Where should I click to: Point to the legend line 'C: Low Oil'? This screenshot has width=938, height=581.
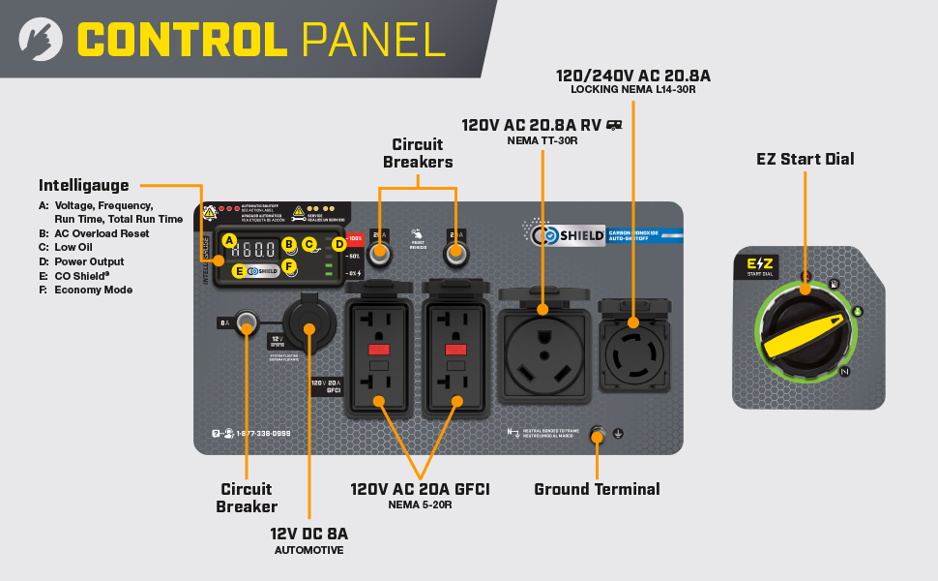point(75,247)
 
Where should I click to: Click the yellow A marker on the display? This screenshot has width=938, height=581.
point(229,240)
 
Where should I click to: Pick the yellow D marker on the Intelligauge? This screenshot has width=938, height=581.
point(339,244)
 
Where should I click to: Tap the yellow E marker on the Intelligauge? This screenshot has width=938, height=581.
point(239,271)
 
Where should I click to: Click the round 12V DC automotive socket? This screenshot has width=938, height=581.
point(308,328)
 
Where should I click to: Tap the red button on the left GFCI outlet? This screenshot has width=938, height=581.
point(379,350)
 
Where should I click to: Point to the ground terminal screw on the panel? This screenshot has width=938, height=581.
point(597,434)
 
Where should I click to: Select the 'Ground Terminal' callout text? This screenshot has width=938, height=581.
point(597,489)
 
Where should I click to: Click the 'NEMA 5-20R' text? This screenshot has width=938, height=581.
point(420,505)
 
